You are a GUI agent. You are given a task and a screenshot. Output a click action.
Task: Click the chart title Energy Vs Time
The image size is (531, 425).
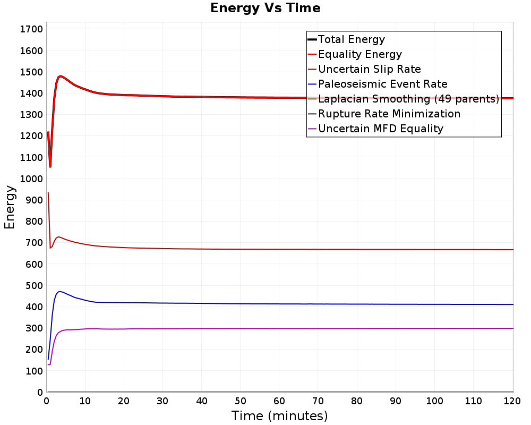(x=265, y=8)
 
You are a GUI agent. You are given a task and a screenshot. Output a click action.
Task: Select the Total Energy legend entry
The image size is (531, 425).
(x=346, y=39)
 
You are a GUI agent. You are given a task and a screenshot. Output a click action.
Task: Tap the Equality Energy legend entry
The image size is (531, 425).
(x=355, y=54)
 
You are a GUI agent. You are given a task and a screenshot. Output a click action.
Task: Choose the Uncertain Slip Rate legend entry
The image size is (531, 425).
(x=364, y=69)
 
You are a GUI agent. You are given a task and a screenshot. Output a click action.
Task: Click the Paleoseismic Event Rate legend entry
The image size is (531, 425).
(x=377, y=84)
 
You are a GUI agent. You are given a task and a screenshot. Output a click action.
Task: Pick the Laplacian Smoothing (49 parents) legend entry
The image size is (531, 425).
(x=404, y=99)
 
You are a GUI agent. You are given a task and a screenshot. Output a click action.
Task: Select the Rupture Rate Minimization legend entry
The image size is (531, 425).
(x=384, y=114)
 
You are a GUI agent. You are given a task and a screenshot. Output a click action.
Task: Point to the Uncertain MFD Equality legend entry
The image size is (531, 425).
(x=375, y=129)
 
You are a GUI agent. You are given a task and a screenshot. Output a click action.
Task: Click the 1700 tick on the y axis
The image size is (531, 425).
(x=31, y=29)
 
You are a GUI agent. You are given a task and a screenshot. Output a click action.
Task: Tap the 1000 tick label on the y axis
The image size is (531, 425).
(x=31, y=178)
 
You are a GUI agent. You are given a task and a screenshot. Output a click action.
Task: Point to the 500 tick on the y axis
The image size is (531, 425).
(x=34, y=285)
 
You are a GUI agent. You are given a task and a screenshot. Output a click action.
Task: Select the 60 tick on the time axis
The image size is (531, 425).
(x=279, y=401)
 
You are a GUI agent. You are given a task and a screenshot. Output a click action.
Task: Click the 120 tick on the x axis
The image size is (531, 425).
(x=512, y=401)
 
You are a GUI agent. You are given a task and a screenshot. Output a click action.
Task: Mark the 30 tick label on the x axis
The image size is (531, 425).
(x=162, y=401)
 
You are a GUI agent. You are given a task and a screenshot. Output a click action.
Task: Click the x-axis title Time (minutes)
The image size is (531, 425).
(x=279, y=416)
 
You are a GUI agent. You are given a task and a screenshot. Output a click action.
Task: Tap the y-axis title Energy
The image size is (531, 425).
(x=10, y=207)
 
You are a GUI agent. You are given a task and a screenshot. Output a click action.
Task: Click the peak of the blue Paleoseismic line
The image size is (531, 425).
(x=59, y=292)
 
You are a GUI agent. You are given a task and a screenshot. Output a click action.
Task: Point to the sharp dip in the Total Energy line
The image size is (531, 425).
(x=50, y=167)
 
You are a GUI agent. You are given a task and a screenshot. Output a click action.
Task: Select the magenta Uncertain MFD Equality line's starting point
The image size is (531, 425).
(x=48, y=364)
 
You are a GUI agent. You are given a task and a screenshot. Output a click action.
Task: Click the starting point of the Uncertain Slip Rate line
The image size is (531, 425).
(x=48, y=192)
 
